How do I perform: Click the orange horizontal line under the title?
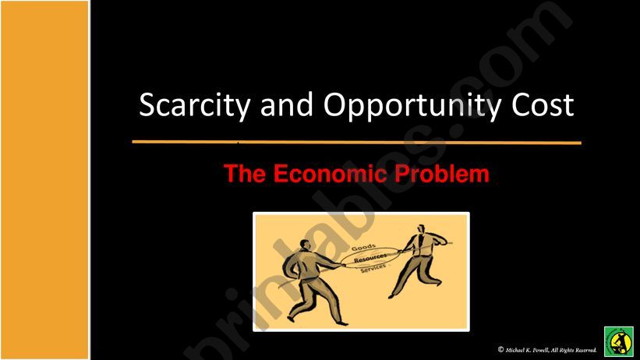[x=356, y=143]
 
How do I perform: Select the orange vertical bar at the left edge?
[x=44, y=180]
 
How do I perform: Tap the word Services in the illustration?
[x=373, y=269]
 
